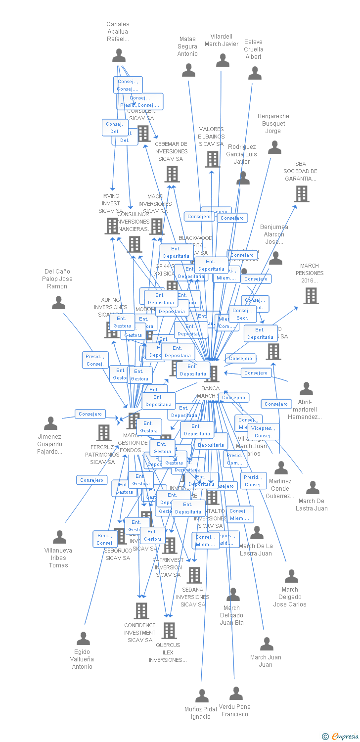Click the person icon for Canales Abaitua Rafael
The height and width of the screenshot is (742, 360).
pos(119,55)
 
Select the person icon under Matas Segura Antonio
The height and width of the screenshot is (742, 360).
pos(189,71)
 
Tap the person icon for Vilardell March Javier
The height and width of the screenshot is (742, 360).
pos(223,60)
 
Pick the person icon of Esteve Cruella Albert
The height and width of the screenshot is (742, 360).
pos(255,73)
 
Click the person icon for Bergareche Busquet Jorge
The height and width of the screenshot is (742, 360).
pos(274,147)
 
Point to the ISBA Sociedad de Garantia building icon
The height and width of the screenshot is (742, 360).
pos(302,194)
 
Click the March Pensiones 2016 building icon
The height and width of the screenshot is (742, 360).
pos(311,296)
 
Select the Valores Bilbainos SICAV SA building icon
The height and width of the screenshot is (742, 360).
pos(212,159)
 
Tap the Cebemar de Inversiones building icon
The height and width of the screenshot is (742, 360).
pos(172,174)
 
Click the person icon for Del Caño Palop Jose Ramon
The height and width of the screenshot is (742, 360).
pos(58,303)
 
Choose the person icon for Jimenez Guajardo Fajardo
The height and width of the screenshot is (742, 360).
pos(50,423)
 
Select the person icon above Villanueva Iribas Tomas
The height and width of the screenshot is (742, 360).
pos(59,537)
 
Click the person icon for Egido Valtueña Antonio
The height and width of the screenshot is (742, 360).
pos(83,639)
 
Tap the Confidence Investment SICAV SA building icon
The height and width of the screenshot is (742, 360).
pos(141,611)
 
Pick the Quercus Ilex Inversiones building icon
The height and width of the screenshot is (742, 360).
pos(169,631)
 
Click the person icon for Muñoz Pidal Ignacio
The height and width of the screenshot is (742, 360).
pos(202,696)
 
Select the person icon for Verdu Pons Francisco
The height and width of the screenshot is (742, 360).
pos(236,694)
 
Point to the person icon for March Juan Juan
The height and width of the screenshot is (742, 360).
pos(267,644)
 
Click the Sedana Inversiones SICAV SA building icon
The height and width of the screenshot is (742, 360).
pos(194,575)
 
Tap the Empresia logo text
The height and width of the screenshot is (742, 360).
pos(345,737)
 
